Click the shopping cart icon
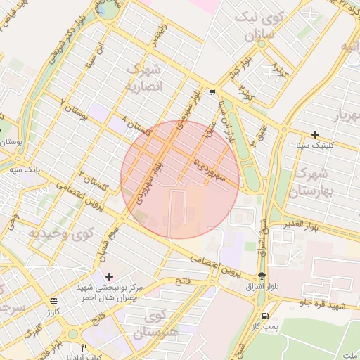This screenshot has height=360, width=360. tap(212, 92)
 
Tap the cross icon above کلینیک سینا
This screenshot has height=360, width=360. tap(315, 134)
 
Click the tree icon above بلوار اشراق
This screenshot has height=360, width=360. tap(262, 276)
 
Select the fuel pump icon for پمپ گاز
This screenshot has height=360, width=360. tap(265, 316)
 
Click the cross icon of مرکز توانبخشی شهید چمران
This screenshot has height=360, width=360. tap(108, 276)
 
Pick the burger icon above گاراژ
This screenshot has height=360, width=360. tap(54, 300)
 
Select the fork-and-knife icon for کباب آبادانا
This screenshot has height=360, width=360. tap(84, 347)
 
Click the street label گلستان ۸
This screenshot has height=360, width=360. tap(139, 127)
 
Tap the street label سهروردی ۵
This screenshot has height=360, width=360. tap(210, 169)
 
